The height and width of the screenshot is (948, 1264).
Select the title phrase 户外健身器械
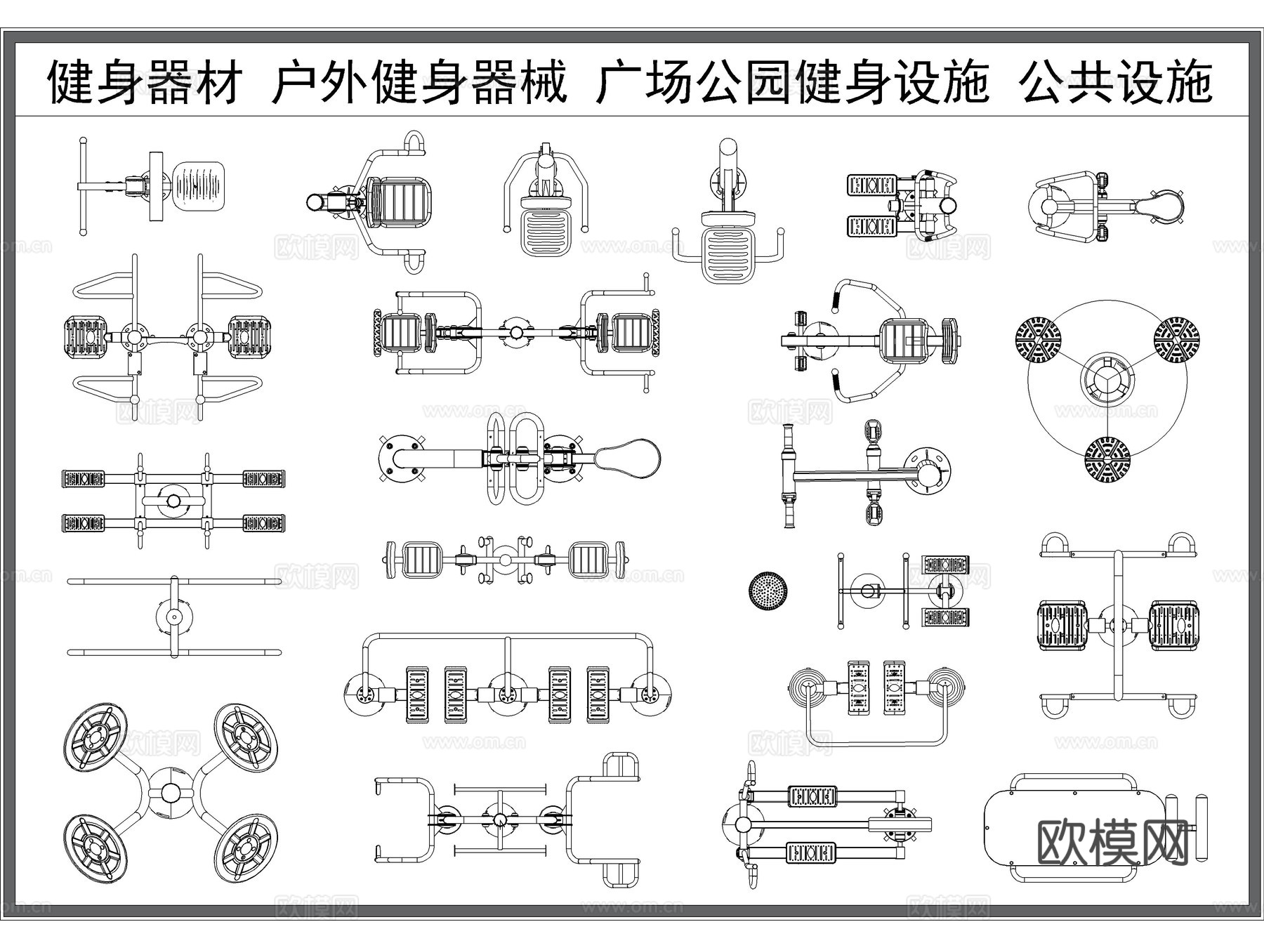coord(419,82)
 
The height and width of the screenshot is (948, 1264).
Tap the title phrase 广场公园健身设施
coord(792,82)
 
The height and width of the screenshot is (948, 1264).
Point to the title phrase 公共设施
coord(1117,82)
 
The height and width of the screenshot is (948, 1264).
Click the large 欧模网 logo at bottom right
coord(1113,843)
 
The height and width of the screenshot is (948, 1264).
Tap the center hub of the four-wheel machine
coord(171,792)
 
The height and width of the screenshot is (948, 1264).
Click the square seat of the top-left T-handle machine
coord(199,185)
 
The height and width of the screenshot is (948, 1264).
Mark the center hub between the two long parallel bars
coord(173,617)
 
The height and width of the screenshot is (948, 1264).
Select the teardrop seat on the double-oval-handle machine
coord(628,458)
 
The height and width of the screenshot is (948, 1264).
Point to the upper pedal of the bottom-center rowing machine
coord(812,796)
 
